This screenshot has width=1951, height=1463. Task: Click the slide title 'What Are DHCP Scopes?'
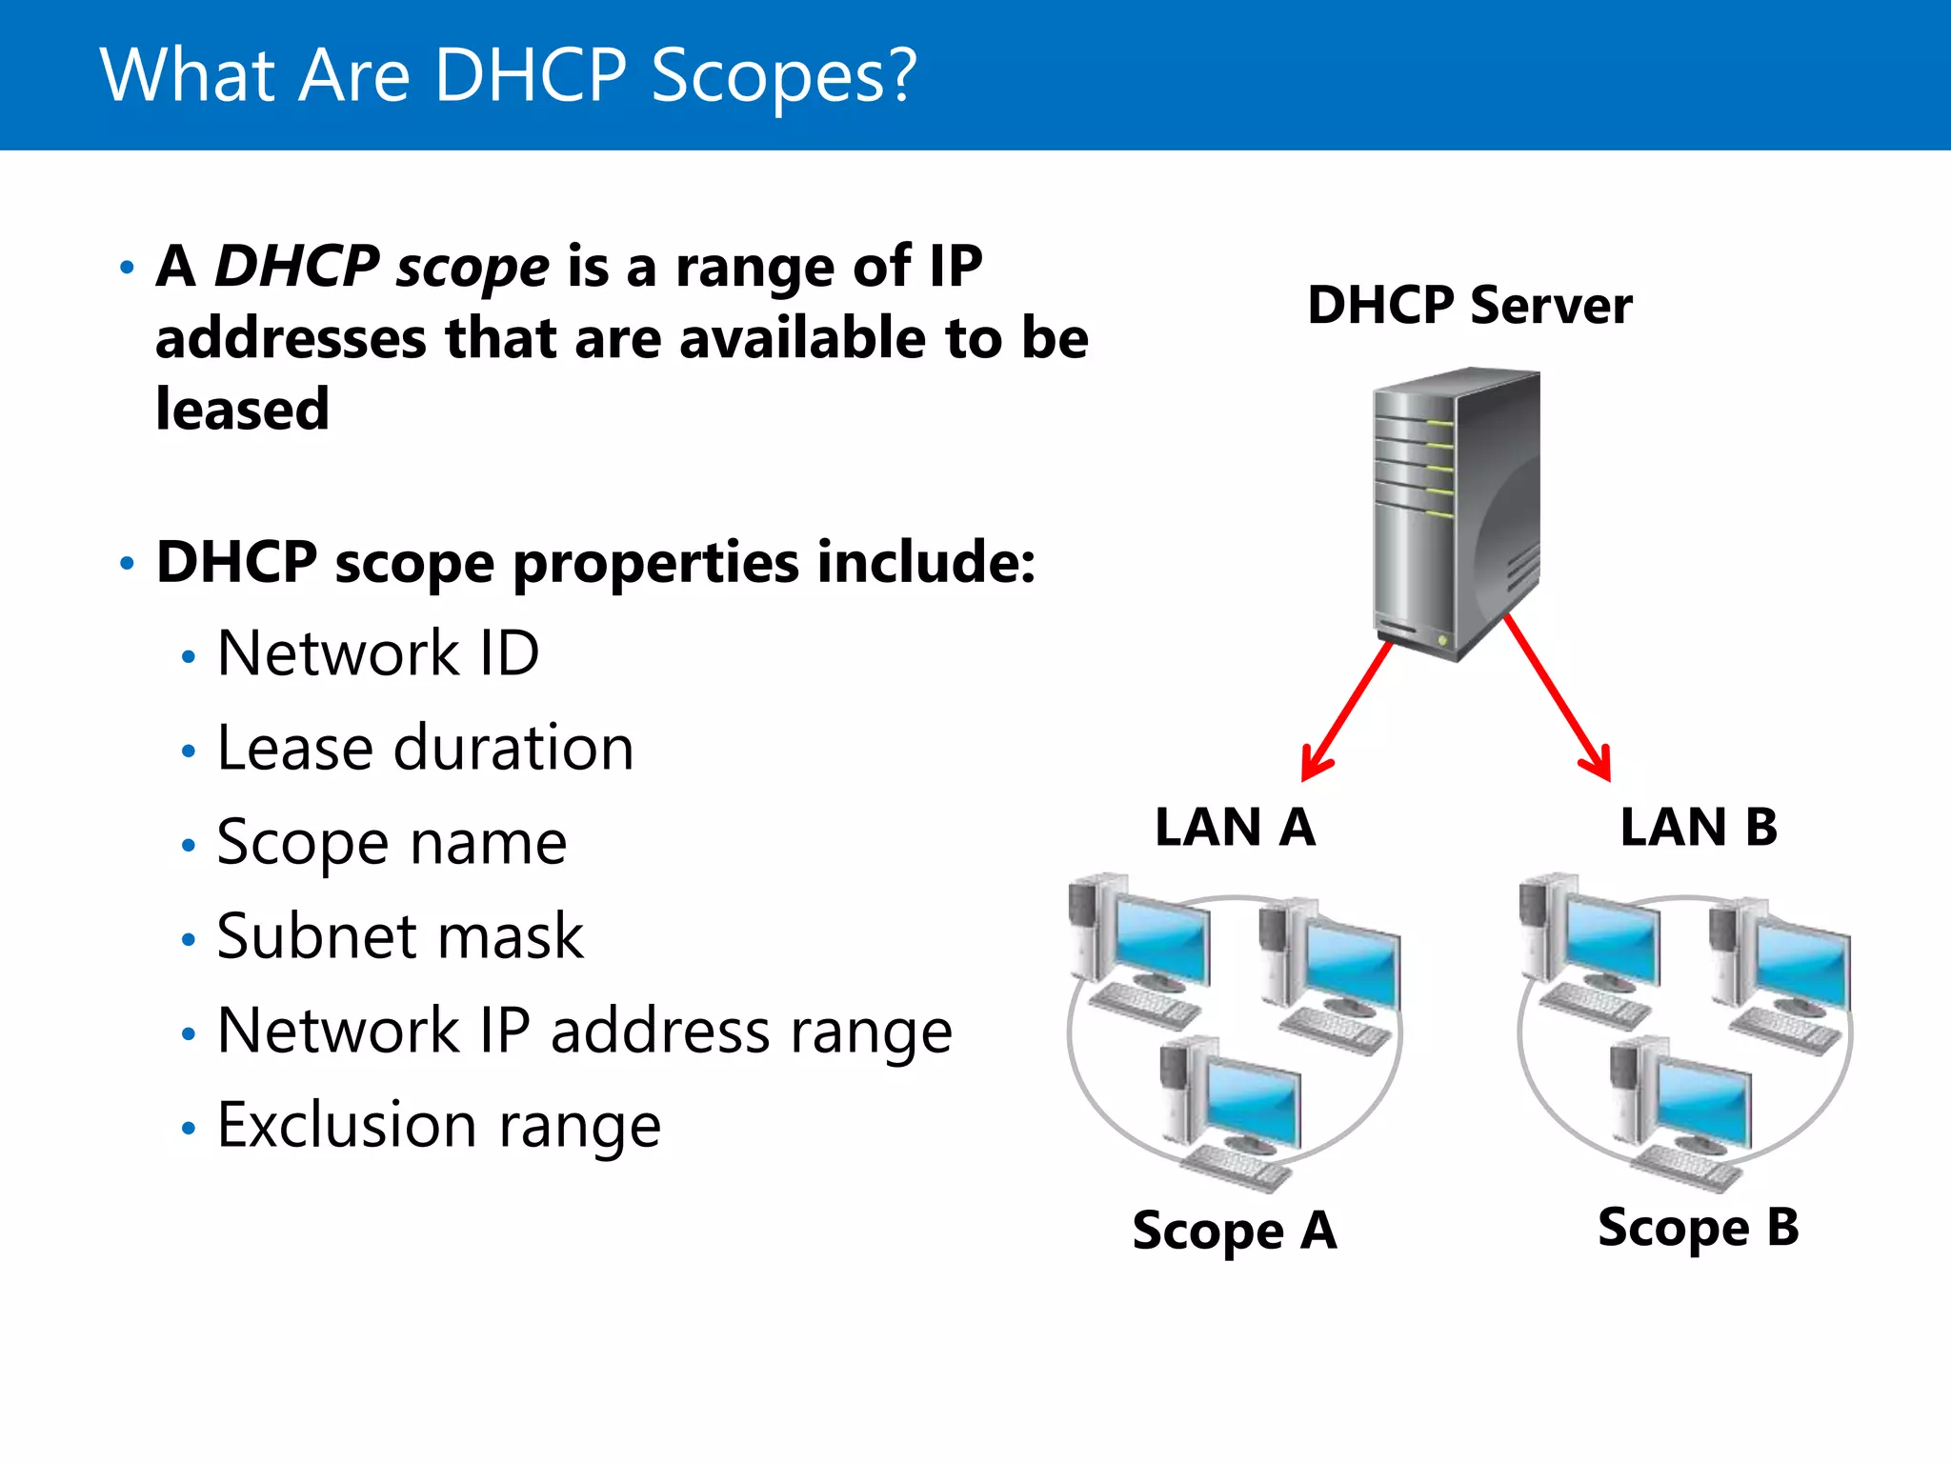coord(508,76)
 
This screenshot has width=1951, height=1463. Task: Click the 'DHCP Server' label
coord(1469,306)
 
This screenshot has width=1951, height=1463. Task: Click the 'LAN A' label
coord(1235,827)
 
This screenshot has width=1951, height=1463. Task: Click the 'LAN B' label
coord(1699,827)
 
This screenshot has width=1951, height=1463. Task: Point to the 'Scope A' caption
coord(1235,1230)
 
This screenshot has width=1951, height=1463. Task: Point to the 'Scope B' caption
coord(1699,1227)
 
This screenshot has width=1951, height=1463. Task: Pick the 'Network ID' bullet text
coord(378,654)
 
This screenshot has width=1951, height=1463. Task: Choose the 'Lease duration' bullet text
coord(425,748)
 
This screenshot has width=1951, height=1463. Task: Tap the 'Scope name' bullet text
coord(392,843)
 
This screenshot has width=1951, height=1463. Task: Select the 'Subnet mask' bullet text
coord(400,936)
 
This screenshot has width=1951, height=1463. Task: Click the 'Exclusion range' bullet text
coord(438,1126)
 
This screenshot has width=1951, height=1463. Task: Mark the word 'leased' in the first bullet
coord(242,410)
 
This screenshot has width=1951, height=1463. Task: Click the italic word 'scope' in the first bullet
coord(473,267)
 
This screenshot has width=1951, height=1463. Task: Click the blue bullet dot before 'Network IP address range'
coord(189,1034)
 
